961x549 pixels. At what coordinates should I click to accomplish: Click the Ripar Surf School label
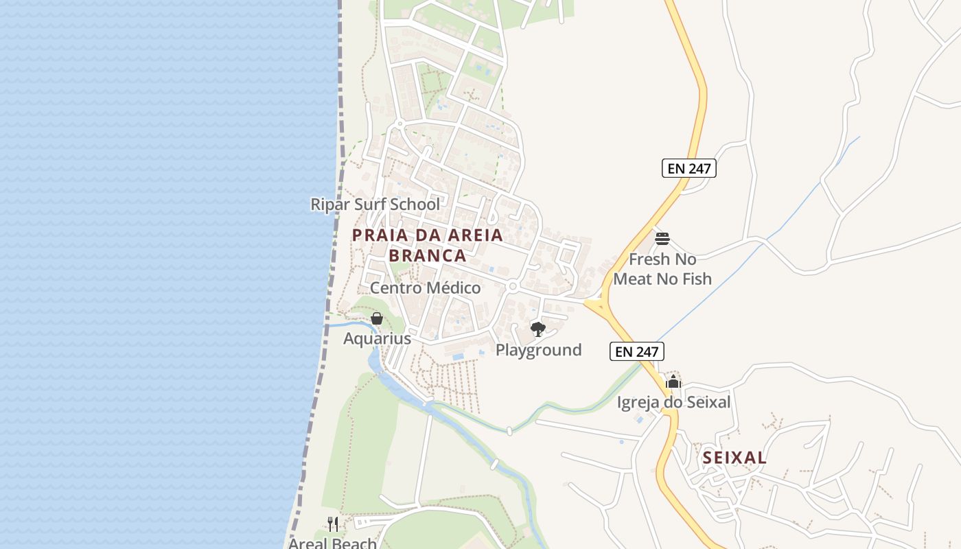coord(375,205)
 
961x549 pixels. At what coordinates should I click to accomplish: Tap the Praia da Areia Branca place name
coord(427,245)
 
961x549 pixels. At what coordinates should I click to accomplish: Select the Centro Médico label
coord(426,288)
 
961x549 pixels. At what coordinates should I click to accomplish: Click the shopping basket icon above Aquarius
coord(377,318)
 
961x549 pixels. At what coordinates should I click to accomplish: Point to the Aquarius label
coord(377,338)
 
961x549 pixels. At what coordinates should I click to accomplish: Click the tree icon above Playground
coord(538,329)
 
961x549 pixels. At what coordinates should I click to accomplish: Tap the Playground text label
coord(538,350)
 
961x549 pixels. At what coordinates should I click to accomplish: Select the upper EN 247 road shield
coord(688,168)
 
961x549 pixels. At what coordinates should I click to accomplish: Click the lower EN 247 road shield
coord(636,352)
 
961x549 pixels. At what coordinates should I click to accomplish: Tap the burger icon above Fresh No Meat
coord(662,239)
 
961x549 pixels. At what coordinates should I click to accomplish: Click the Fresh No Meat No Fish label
coord(662,269)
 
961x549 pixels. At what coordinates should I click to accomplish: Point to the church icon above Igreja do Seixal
coord(673,382)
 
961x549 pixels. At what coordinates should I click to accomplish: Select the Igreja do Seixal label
coord(673,402)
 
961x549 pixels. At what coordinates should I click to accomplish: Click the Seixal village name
coord(734,458)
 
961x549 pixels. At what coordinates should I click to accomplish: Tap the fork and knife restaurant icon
coord(333,524)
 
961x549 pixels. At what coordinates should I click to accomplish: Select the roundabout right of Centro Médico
coord(512,286)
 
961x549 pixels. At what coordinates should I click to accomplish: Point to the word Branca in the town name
coord(427,256)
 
